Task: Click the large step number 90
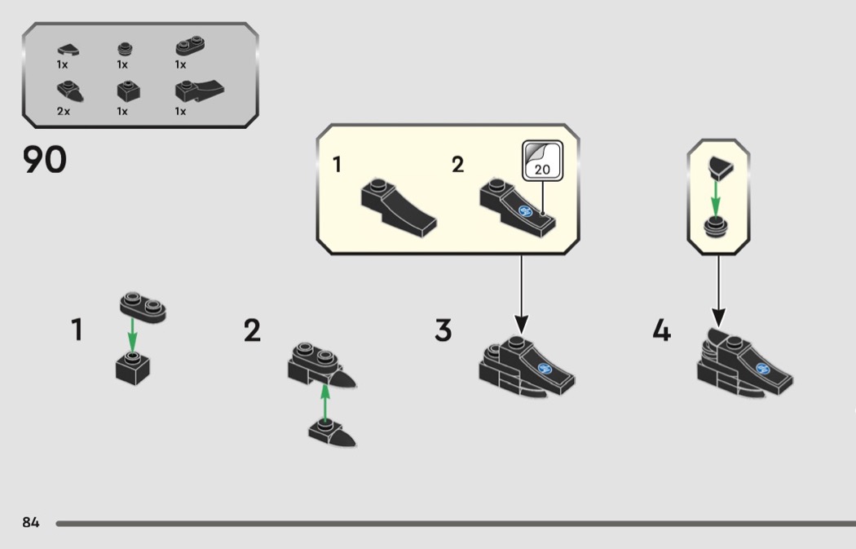click(44, 161)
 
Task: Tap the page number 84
click(30, 522)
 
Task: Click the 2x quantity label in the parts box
click(64, 112)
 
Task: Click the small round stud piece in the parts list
click(123, 50)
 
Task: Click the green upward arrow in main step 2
click(324, 401)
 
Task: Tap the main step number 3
click(443, 331)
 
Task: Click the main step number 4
click(661, 331)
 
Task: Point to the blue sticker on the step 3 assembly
click(545, 369)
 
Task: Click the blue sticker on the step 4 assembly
click(764, 369)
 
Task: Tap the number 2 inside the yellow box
click(457, 165)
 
